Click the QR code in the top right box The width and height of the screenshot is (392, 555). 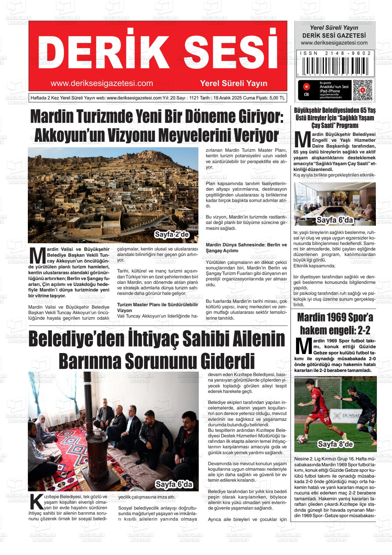coord(362,90)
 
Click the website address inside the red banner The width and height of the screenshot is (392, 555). coord(101,83)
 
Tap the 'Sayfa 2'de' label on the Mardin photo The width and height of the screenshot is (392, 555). coord(172,235)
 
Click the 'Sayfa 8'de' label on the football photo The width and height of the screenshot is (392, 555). coord(335,444)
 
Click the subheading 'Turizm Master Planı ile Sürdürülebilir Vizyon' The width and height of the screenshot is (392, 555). coord(157,307)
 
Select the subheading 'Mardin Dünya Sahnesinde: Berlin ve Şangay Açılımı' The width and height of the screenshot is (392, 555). coord(246,248)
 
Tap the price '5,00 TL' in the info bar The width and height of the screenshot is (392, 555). coord(277,98)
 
